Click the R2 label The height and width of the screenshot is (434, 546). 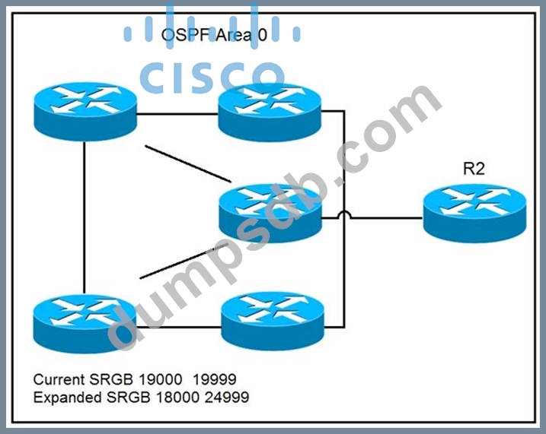(474, 169)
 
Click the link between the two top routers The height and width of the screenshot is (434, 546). (177, 115)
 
